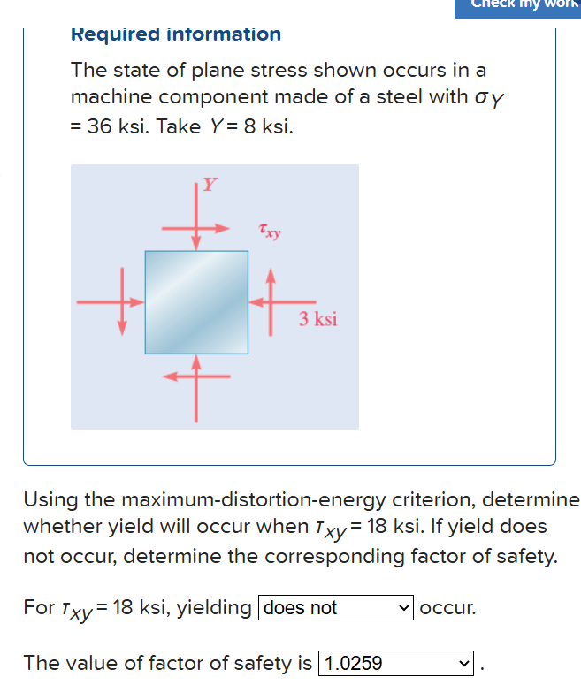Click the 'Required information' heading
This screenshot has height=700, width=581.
coord(175,34)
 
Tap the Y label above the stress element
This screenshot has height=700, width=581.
coord(209,185)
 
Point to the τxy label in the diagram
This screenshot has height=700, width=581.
coord(270,232)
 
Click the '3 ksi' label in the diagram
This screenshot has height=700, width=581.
coord(317,319)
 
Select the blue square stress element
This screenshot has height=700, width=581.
coord(196,301)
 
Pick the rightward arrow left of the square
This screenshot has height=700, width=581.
coord(110,301)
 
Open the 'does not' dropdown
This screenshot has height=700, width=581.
coord(335,608)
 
